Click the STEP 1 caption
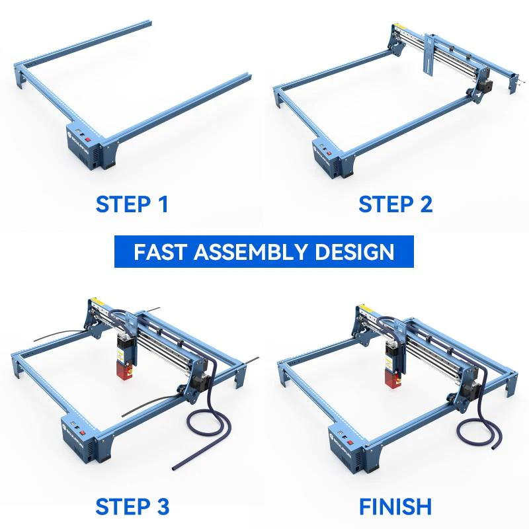pos(132,204)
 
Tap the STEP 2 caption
pos(395,204)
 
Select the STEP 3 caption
pos(132,507)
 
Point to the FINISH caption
pos(395,507)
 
